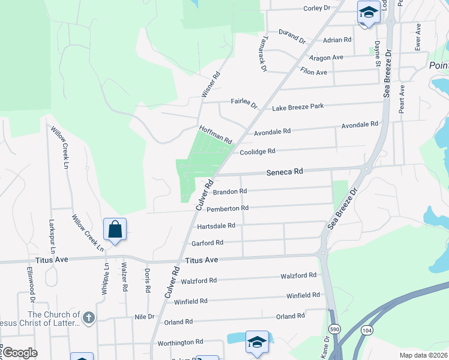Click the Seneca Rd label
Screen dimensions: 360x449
tap(285, 172)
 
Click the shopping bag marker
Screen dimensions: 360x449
tap(115, 229)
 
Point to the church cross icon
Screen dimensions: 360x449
tap(88, 318)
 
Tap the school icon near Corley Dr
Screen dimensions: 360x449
tap(367, 12)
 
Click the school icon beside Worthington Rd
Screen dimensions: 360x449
tap(257, 342)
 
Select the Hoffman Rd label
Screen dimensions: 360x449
tap(215, 134)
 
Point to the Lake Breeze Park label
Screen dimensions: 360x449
tap(298, 107)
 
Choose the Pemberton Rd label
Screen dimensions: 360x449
tap(228, 209)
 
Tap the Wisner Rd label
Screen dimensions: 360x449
tap(211, 85)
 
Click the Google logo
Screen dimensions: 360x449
tap(19, 352)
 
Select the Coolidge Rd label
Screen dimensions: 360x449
tap(258, 152)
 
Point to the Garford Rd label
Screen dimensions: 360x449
tap(207, 243)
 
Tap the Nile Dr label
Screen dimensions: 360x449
tap(145, 317)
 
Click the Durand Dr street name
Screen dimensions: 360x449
tap(292, 36)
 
